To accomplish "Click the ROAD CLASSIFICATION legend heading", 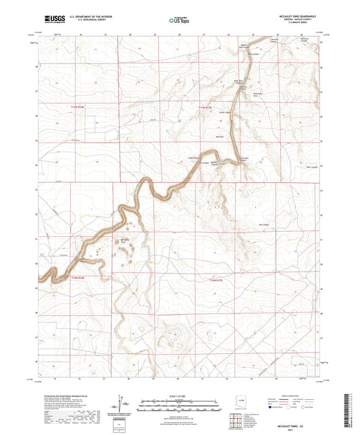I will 297,395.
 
